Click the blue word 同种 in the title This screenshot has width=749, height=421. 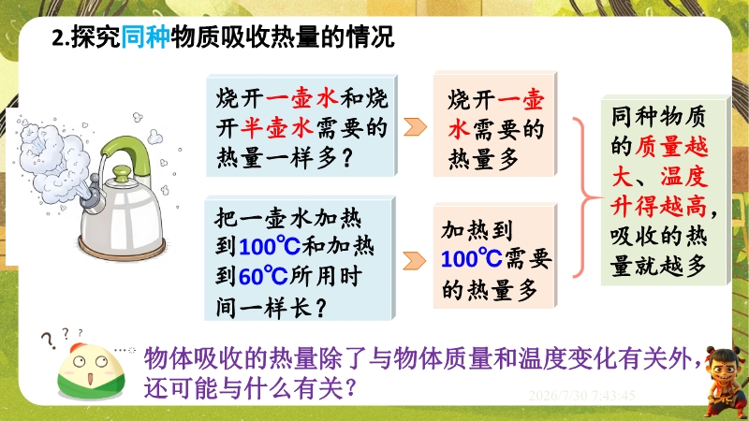point(145,36)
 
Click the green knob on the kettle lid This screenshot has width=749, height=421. point(122,174)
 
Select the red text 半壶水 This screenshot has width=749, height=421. point(276,128)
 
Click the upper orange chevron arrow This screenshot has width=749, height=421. point(415,127)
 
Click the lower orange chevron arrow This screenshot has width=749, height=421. point(414,261)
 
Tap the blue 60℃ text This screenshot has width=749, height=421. point(263,276)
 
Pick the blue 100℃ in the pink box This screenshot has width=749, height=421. point(472,259)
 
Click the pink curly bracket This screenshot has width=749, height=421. point(583,197)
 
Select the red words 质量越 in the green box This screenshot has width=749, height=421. point(671,147)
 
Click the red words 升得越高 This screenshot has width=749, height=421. point(658,207)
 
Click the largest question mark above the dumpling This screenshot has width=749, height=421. point(49,341)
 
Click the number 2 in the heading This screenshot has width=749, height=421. point(58,37)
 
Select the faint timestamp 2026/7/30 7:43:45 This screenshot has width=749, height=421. point(581,396)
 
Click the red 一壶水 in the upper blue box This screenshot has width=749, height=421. point(301,98)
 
